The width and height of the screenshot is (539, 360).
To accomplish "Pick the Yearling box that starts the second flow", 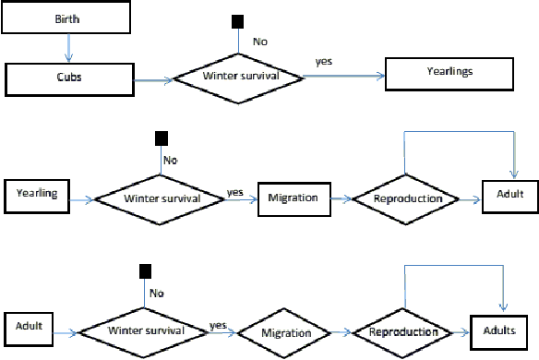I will (39, 195).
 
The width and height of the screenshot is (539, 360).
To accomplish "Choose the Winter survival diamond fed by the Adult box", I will (143, 330).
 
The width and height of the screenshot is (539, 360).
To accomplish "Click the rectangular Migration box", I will (293, 198).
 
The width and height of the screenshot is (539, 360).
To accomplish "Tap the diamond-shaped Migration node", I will (286, 330).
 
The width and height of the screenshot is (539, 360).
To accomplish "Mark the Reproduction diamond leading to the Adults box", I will (403, 330).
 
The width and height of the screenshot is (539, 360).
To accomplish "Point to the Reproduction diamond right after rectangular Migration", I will (406, 198).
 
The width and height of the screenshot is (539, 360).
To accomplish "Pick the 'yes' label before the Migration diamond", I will (219, 325).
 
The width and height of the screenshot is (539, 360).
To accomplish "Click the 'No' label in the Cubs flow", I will (260, 40).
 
